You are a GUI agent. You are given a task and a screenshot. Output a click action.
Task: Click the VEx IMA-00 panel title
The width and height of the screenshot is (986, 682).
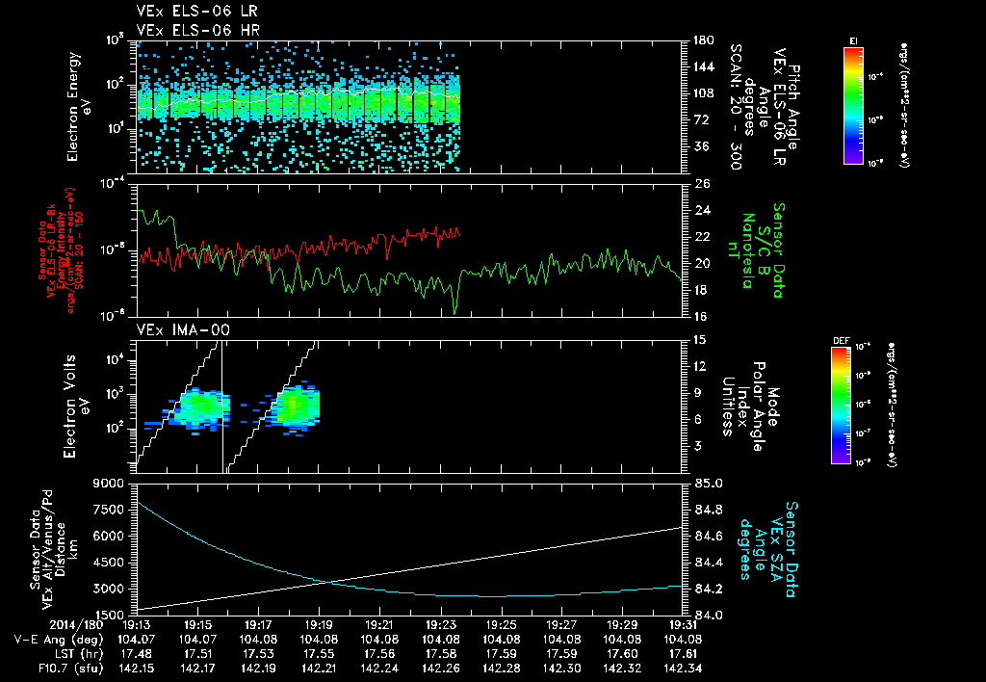tap(174, 330)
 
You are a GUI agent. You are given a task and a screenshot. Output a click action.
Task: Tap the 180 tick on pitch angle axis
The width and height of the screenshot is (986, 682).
tap(703, 40)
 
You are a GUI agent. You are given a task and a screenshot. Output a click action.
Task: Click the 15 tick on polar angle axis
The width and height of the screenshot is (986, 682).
tap(700, 339)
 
